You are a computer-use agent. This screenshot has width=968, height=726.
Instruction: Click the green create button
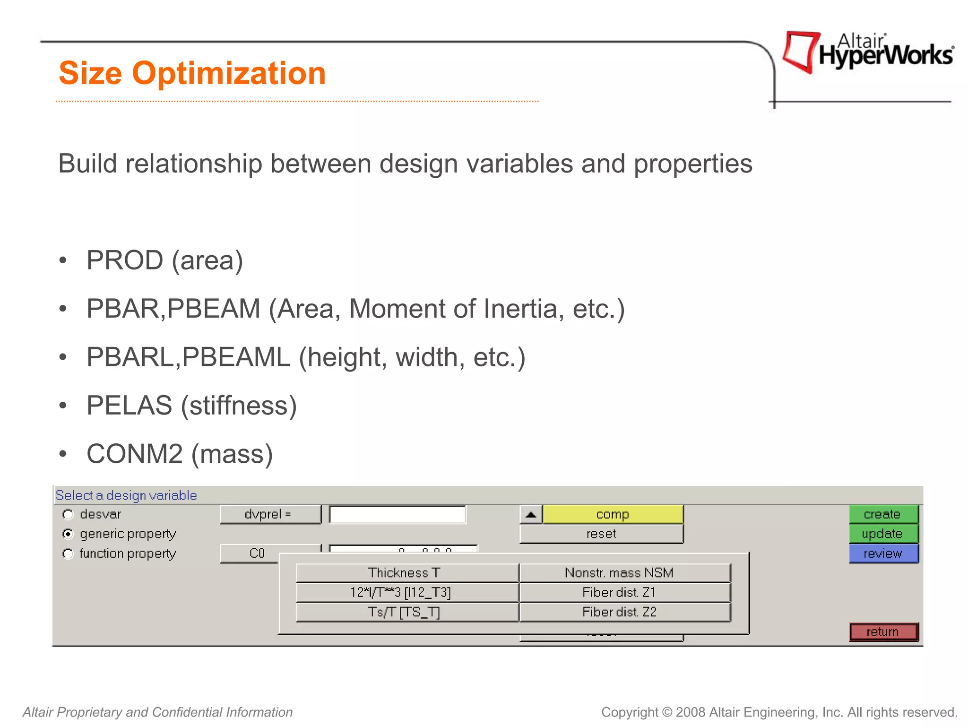coord(883,514)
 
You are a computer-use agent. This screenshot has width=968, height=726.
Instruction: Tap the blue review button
coord(883,553)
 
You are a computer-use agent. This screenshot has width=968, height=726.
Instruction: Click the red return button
coord(883,632)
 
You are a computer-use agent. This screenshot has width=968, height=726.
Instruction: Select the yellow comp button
coord(613,514)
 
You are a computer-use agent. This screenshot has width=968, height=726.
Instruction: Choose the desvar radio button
coord(69,514)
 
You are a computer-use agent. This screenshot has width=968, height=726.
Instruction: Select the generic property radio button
coord(69,534)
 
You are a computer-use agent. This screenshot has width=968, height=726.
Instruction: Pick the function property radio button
coord(69,553)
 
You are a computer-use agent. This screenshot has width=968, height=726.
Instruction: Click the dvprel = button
coord(270,514)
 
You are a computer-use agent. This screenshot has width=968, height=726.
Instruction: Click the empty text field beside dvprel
coord(397,514)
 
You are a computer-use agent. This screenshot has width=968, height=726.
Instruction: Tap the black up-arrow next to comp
coord(531,514)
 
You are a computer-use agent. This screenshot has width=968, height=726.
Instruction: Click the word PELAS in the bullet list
coord(129,406)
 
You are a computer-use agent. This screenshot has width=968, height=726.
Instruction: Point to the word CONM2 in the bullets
coord(134,454)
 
